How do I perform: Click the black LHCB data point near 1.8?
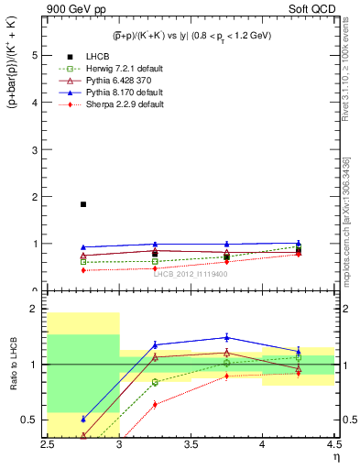tap(83, 204)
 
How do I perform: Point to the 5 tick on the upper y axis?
tap(36, 55)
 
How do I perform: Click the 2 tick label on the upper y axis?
tap(36, 197)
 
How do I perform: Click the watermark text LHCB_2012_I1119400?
tap(191, 274)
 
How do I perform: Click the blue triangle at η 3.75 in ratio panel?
tap(226, 337)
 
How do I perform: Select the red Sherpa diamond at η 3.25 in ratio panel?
tap(155, 404)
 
